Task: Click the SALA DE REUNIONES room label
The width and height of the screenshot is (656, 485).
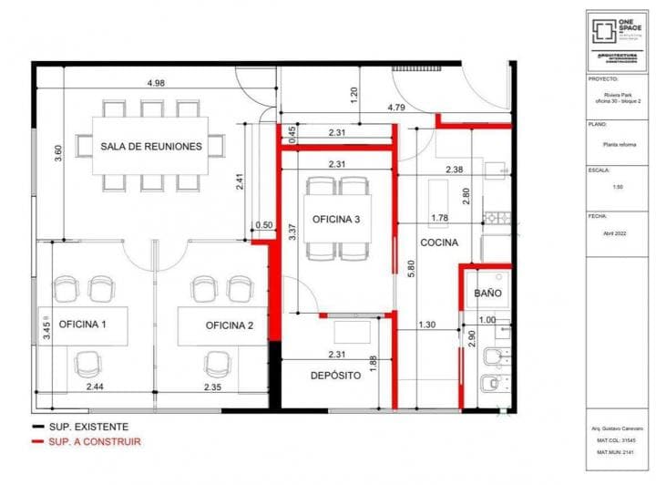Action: [x=150, y=146]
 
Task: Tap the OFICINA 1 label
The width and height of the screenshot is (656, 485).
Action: [x=83, y=325]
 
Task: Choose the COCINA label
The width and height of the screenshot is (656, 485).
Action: [x=439, y=242]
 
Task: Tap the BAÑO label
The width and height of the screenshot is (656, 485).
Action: [x=489, y=294]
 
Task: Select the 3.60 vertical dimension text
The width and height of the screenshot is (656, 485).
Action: [x=58, y=153]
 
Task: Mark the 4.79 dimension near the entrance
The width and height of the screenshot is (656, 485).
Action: [x=395, y=108]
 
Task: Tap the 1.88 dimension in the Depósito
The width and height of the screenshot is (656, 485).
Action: [x=373, y=363]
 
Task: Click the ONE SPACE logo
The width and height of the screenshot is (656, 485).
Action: [x=617, y=31]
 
